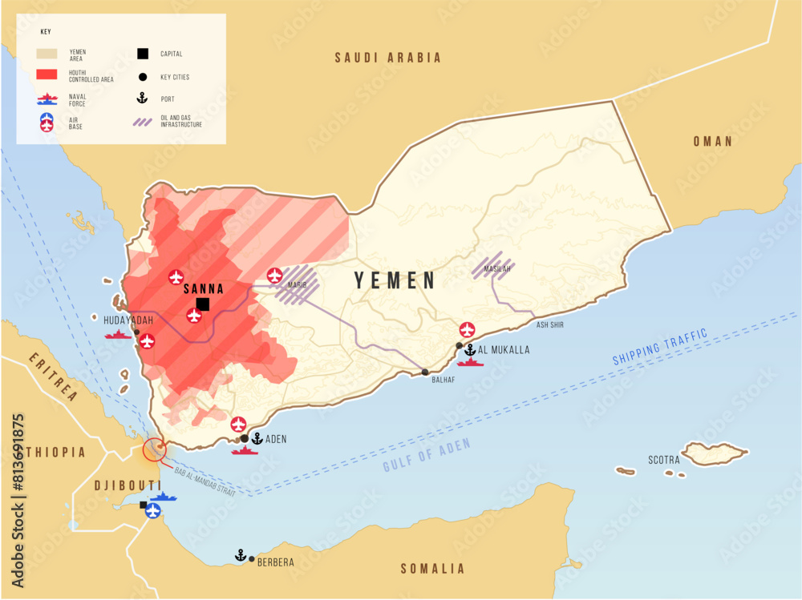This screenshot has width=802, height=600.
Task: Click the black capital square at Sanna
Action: pyautogui.click(x=203, y=304)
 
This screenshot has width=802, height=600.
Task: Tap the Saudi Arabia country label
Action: pyautogui.click(x=388, y=58)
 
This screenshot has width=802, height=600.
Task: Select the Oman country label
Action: pyautogui.click(x=713, y=142)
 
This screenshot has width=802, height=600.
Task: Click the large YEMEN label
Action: pyautogui.click(x=395, y=280)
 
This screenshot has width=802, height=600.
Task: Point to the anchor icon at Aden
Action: pyautogui.click(x=257, y=438)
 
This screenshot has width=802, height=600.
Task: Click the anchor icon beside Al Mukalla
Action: pyautogui.click(x=470, y=349)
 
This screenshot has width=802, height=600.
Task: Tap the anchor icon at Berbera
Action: pyautogui.click(x=239, y=554)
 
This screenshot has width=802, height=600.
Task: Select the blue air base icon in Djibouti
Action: pyautogui.click(x=152, y=510)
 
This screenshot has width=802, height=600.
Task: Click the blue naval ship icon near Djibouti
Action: pyautogui.click(x=164, y=497)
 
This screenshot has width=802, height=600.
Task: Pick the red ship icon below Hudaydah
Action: pyautogui.click(x=118, y=334)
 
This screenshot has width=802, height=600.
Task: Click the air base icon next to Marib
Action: pyautogui.click(x=275, y=276)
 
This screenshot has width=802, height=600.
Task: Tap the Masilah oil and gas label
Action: pyautogui.click(x=497, y=269)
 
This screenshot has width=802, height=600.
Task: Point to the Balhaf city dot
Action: pyautogui.click(x=425, y=372)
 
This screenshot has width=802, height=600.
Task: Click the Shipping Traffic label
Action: pyautogui.click(x=660, y=347)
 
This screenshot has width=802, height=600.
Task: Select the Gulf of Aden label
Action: pyautogui.click(x=427, y=456)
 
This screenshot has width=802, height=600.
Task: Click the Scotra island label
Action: pyautogui.click(x=664, y=460)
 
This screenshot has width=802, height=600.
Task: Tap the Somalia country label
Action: pyautogui.click(x=432, y=569)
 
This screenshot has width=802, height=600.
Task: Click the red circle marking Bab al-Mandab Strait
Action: pyautogui.click(x=154, y=449)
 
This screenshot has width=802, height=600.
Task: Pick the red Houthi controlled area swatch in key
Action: pyautogui.click(x=47, y=75)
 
